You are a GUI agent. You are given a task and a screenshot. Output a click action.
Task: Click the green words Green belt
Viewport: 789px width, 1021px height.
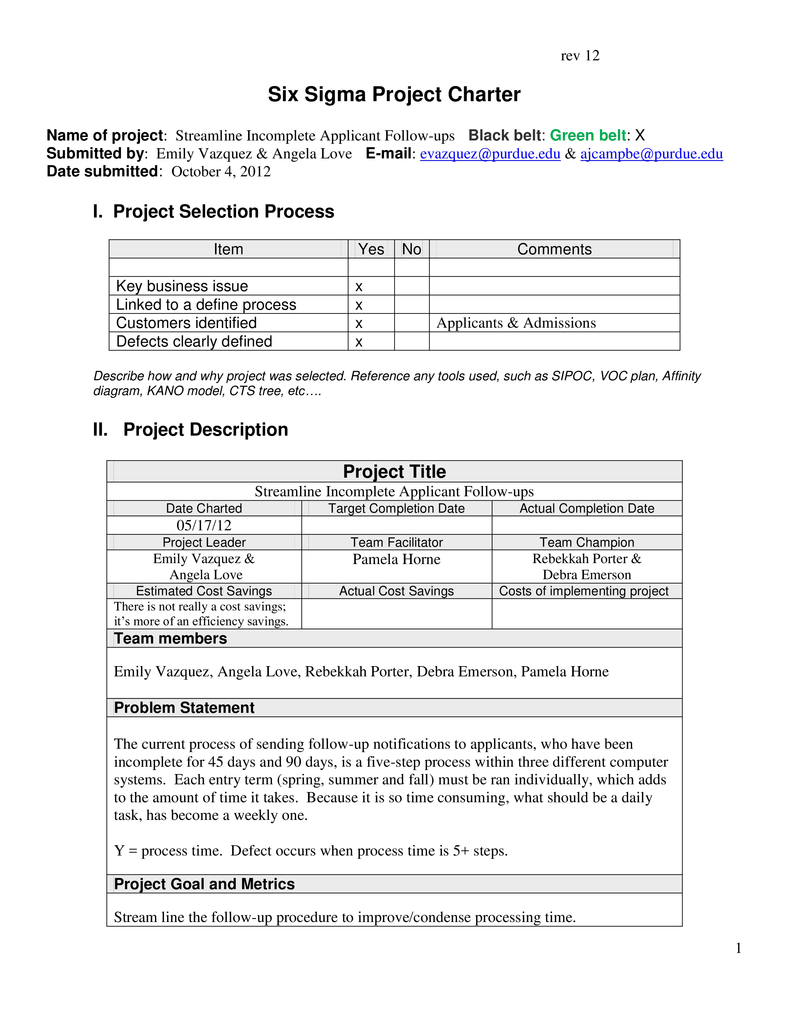pos(588,135)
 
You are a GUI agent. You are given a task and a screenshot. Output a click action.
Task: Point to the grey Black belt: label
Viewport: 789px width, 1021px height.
pos(507,135)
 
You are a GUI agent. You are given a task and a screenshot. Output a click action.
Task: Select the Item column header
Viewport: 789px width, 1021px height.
pos(228,249)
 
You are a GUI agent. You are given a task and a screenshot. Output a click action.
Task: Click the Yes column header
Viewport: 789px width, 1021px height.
pos(371,249)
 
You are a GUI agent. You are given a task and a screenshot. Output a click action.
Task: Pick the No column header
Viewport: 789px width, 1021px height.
pos(411,249)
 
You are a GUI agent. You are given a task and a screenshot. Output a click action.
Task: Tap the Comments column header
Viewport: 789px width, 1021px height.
pos(554,249)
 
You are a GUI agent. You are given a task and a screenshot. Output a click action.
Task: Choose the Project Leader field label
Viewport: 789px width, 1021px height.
pos(204,542)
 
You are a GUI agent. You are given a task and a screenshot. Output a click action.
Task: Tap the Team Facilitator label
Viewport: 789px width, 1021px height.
pos(396,542)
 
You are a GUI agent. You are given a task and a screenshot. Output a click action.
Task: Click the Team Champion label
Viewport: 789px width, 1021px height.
pos(587,542)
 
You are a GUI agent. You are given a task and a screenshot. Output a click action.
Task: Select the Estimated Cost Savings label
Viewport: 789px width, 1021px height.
pos(204,591)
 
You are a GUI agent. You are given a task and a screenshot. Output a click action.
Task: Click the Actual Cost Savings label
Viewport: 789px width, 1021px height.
pos(396,591)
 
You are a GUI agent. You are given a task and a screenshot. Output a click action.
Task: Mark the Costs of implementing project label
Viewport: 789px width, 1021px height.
pos(584,591)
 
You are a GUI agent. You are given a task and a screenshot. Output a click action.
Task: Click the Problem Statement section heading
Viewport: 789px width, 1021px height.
pos(184,708)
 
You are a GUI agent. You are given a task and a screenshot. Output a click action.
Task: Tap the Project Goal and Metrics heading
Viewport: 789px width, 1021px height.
pos(204,884)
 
